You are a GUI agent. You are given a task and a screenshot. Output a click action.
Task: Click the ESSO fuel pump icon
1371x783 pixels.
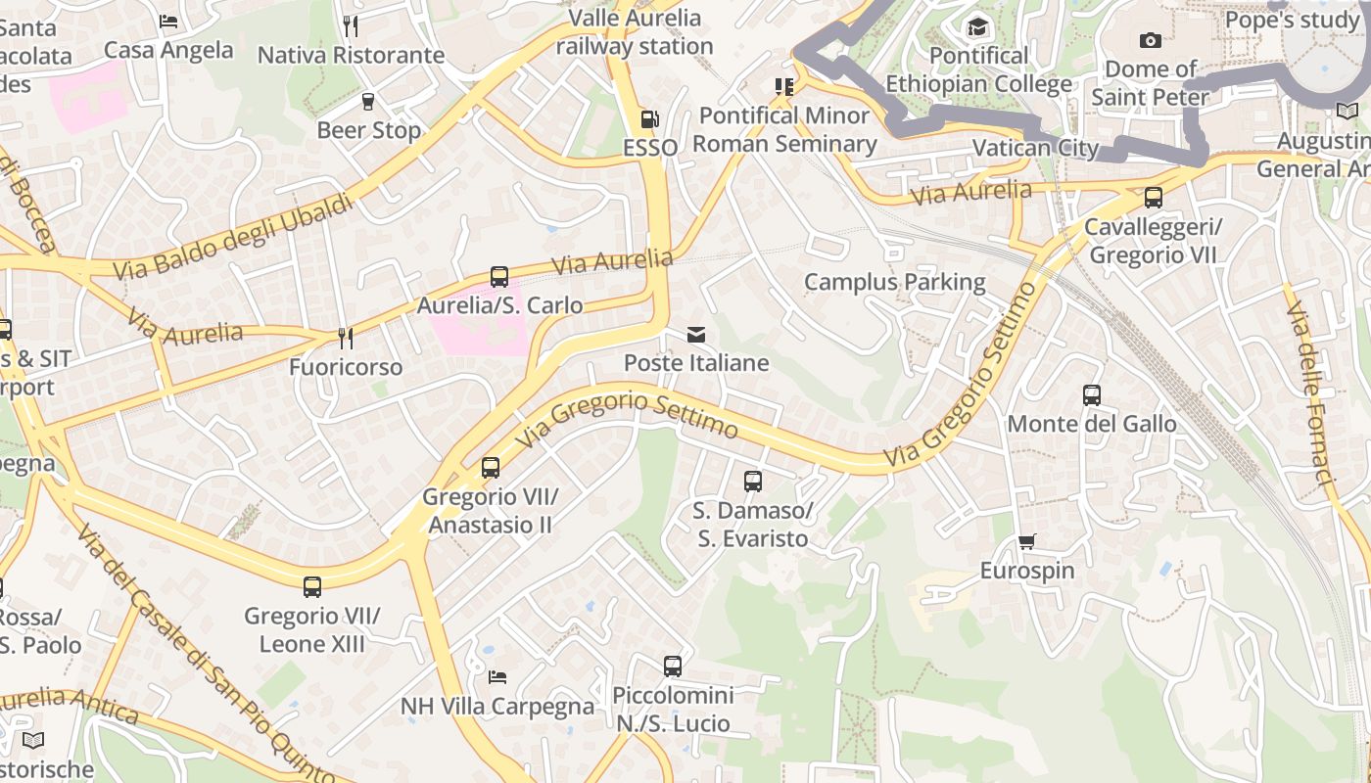649,119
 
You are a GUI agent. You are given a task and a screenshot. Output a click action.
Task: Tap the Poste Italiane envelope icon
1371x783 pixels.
696,335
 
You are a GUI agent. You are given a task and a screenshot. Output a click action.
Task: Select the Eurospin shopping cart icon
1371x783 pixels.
1027,541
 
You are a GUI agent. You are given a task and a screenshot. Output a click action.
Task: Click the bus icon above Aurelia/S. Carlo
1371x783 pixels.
499,277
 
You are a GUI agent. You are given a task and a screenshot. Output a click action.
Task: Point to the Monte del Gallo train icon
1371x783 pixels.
1092,395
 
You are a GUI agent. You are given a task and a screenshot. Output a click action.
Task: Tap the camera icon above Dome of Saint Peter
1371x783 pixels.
1151,40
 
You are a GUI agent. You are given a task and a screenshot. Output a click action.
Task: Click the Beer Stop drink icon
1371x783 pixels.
368,102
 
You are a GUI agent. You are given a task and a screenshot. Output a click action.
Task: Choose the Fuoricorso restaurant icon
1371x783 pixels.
345,339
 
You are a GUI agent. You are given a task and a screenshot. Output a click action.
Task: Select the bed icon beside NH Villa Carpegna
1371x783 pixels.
497,677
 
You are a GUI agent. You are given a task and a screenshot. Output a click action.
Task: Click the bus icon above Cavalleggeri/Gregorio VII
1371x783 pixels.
1154,198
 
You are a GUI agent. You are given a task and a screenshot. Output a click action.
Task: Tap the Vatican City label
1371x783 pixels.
1035,149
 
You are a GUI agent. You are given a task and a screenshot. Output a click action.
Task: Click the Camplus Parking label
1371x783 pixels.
894,282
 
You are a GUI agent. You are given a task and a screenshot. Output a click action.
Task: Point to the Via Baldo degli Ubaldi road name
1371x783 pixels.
232,238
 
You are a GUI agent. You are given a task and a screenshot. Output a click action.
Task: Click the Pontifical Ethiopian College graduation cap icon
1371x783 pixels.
977,26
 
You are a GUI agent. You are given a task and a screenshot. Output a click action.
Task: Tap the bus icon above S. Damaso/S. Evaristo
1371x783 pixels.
752,482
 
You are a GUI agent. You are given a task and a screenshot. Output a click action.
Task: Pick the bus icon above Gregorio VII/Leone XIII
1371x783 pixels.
312,587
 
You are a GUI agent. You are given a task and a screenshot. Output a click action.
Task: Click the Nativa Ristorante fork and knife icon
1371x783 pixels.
351,26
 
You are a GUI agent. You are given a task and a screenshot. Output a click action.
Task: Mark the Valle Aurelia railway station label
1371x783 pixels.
635,31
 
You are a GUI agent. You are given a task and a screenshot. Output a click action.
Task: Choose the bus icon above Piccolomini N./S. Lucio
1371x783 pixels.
673,667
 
